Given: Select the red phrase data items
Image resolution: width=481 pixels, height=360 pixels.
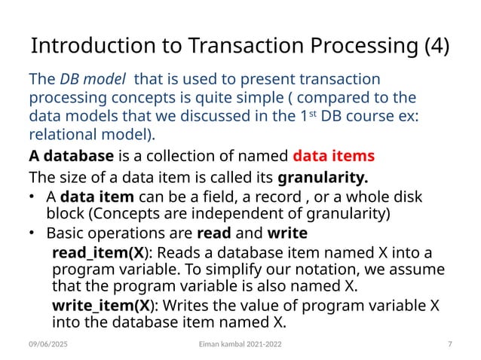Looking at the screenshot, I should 332,157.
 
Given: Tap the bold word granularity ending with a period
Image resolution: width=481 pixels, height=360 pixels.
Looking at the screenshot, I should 323,178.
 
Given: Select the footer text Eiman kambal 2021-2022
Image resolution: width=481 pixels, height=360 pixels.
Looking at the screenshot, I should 240,344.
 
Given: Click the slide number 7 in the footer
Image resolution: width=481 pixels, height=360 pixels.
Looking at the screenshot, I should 449,344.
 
